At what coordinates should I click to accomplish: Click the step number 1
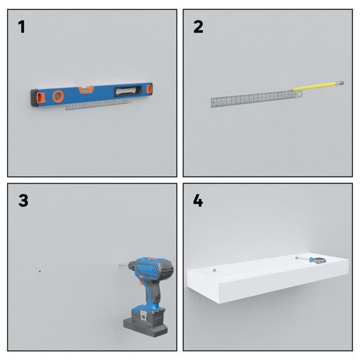pos(22,27)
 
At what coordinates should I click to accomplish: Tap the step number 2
pos(198,27)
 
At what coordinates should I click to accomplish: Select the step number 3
pos(23,201)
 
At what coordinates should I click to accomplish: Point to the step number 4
pos(198,201)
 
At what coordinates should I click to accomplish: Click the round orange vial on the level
pos(58,96)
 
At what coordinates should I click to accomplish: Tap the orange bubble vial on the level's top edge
pos(86,90)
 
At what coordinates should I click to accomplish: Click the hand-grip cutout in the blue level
pos(128,91)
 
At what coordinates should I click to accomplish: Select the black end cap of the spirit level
pos(35,98)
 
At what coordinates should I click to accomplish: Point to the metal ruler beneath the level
pos(99,105)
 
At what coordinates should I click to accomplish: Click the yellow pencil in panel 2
pos(317,86)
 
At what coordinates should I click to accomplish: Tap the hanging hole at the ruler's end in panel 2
pos(300,94)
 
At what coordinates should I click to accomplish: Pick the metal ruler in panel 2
pos(257,98)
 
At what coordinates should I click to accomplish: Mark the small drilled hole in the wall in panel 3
pos(40,271)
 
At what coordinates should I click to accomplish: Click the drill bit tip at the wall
pos(120,264)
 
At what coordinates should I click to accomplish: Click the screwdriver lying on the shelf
pos(311,260)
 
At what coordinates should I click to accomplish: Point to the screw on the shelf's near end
pos(215,270)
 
